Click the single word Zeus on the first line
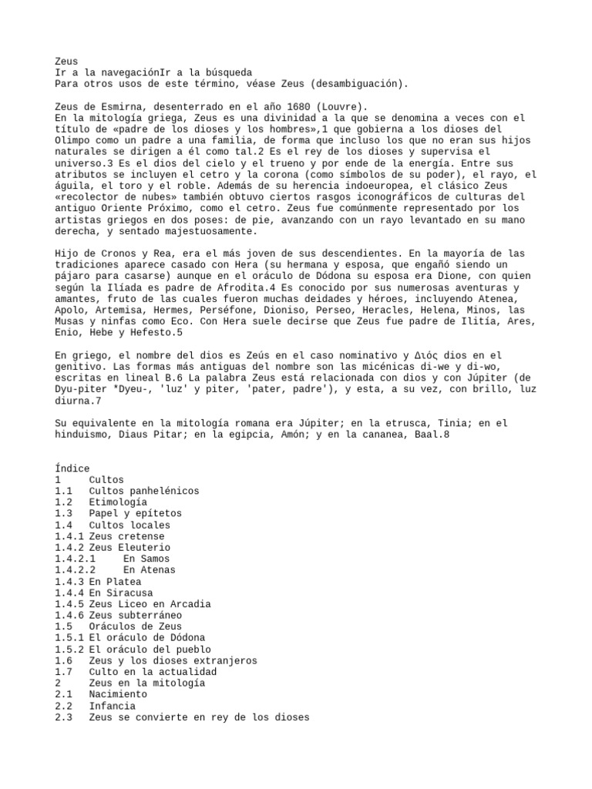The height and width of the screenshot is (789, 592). point(66,61)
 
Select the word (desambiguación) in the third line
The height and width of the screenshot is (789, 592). point(359,83)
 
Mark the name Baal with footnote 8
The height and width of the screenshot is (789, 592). point(436,435)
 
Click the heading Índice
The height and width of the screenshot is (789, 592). point(72,468)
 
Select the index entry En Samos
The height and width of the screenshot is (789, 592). point(146,559)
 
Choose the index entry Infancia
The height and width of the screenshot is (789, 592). point(112,706)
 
